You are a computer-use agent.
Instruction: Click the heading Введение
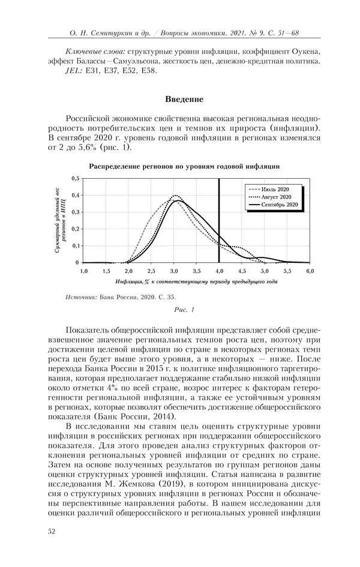point(184,99)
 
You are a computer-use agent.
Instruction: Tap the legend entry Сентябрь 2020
point(280,205)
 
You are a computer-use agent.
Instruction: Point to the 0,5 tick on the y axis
point(75,179)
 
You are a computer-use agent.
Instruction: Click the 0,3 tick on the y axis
point(75,212)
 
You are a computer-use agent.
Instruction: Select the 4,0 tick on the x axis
point(219,271)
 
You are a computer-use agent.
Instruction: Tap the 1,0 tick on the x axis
point(83,271)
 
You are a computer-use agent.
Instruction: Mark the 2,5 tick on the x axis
point(151,271)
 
